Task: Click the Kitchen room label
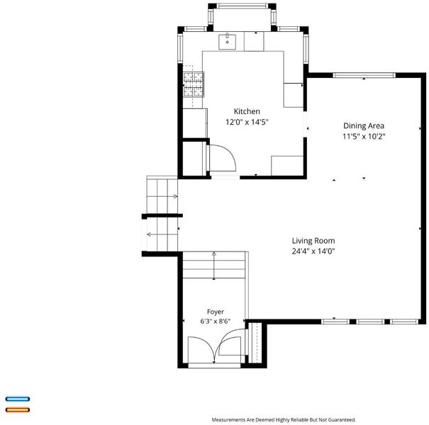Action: [247, 111]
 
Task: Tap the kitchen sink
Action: [227, 42]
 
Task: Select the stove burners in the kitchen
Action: [194, 84]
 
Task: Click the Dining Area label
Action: [364, 125]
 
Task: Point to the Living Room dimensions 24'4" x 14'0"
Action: [313, 251]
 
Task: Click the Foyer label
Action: [216, 312]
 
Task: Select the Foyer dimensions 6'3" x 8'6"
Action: [216, 321]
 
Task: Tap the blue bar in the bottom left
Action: [18, 399]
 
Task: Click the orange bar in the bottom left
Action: [18, 409]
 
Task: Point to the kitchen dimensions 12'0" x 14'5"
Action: [247, 122]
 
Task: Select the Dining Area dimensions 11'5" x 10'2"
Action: [364, 136]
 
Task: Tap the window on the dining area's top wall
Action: [364, 75]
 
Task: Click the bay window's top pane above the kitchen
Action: [242, 6]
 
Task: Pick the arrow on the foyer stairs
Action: [214, 266]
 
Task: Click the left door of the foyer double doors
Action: [201, 351]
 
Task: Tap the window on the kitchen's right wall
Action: [306, 49]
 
